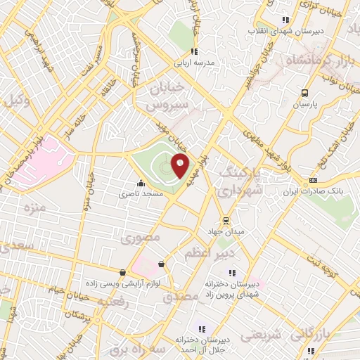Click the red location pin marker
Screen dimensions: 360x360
point(181,165)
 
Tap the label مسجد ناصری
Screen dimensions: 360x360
point(139,193)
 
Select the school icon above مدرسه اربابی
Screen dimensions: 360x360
point(195,51)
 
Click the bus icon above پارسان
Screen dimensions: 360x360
point(304,94)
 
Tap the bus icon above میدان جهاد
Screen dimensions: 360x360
point(225,220)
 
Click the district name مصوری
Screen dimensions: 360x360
point(141,238)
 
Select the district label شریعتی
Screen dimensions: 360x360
point(261,335)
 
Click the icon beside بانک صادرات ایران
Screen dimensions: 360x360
point(312,181)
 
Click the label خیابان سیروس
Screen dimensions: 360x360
point(168,98)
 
